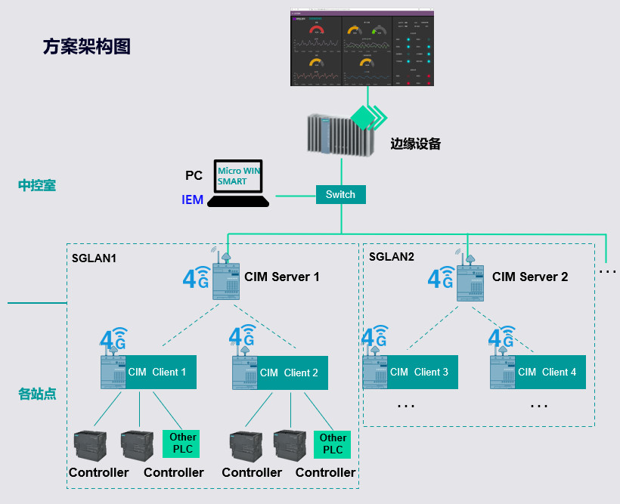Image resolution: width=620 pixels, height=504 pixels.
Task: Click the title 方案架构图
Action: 87,46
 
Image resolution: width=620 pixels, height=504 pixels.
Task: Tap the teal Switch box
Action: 340,194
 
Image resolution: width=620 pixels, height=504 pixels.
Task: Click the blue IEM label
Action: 193,200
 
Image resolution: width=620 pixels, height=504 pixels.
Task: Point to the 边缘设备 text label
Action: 415,144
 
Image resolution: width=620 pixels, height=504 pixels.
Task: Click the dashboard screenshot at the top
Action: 363,47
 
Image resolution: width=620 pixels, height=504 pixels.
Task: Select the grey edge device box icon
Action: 340,134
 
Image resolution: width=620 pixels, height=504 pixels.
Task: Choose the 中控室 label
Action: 37,185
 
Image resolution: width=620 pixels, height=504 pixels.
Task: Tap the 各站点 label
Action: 37,394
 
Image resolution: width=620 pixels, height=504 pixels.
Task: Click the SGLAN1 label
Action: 95,257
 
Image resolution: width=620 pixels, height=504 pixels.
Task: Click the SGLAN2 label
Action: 392,256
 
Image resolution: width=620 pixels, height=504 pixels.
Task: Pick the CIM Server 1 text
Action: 281,277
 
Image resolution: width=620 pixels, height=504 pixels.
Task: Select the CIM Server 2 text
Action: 529,277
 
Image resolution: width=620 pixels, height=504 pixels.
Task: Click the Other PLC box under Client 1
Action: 182,444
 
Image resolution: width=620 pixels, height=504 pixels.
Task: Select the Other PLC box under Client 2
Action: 333,444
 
